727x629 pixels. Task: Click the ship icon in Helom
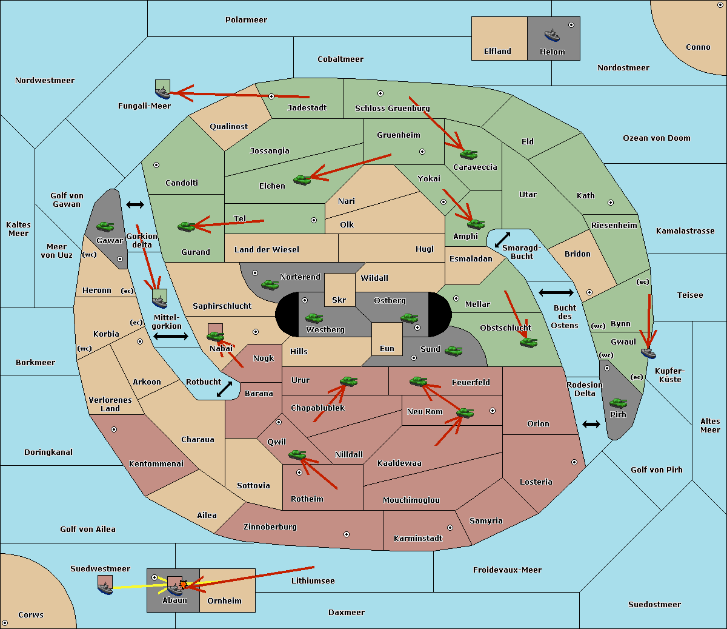(552, 35)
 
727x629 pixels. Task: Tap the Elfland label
(497, 52)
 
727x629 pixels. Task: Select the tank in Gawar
(105, 226)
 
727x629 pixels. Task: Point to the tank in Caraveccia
(468, 154)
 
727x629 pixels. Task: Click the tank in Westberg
(314, 318)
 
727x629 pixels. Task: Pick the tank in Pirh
(618, 403)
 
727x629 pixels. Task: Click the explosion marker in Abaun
(182, 584)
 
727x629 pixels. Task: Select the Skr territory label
(339, 300)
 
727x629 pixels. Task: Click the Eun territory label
(387, 348)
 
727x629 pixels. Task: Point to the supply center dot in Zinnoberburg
(347, 534)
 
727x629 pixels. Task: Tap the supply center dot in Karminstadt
(450, 528)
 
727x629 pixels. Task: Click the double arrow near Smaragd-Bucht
(502, 240)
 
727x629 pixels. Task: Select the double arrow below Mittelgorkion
(171, 337)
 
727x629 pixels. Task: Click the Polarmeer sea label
(246, 20)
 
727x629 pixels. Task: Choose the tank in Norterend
(270, 284)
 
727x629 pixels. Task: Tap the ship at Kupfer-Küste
(648, 352)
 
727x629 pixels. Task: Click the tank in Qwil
(297, 454)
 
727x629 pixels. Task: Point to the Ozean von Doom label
(657, 138)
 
